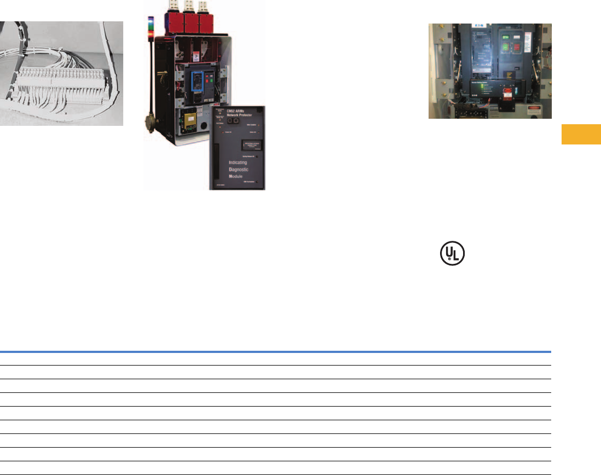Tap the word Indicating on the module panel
click(242, 163)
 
